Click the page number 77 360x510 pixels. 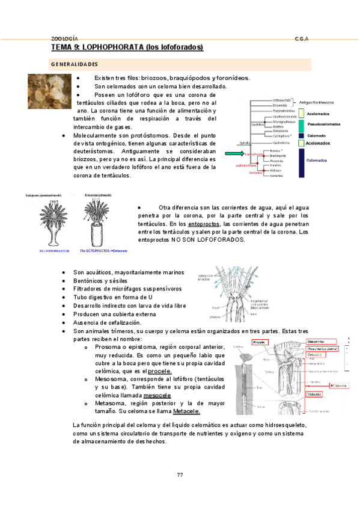click(180, 475)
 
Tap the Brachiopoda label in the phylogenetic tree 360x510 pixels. click(278, 155)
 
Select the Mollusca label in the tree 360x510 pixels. click(276, 170)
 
